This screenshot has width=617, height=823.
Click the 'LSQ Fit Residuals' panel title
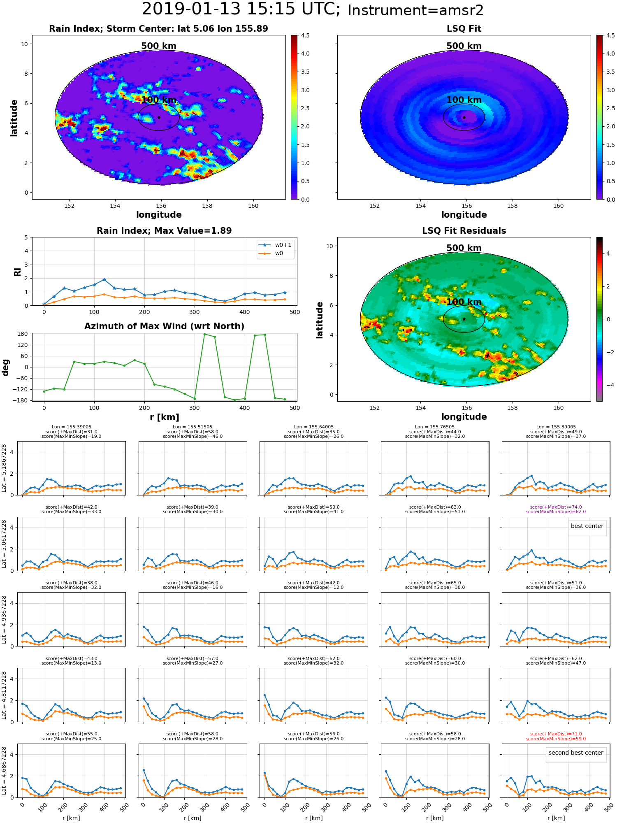(x=464, y=231)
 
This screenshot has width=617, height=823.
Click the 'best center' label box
(x=587, y=526)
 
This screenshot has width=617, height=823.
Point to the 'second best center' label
(x=576, y=753)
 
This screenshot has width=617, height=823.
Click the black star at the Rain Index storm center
(x=159, y=117)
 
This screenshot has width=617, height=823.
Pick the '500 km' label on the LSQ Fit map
(x=464, y=46)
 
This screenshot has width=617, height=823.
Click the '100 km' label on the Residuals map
(x=464, y=302)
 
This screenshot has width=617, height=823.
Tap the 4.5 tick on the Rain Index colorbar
(x=305, y=35)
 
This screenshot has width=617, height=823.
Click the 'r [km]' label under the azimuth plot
(x=165, y=417)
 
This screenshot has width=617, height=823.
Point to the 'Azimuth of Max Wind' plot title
(x=164, y=326)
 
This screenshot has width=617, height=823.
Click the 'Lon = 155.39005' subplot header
(x=72, y=427)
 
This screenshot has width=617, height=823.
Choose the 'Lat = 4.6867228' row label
(x=4, y=771)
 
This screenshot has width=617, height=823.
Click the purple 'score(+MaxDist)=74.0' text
(x=556, y=507)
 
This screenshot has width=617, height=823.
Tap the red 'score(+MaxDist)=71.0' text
(x=556, y=734)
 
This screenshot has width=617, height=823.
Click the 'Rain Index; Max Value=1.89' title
(x=164, y=231)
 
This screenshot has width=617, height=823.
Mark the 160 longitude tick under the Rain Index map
(x=253, y=206)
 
